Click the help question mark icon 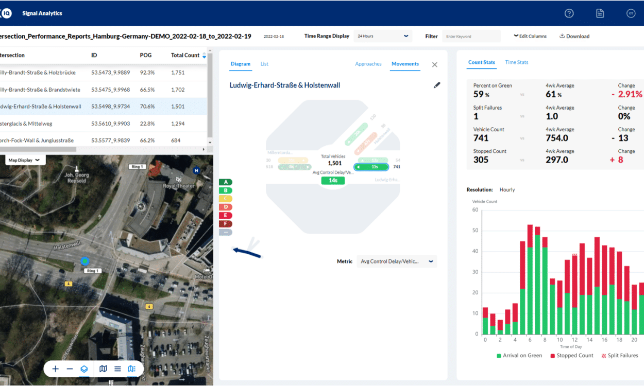pos(569,13)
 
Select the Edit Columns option pos(530,36)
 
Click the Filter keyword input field pos(471,36)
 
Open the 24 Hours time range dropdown pos(383,36)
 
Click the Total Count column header pos(185,55)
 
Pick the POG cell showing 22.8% pos(147,124)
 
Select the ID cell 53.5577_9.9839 pos(110,141)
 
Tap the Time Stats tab pos(516,62)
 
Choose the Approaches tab pos(368,64)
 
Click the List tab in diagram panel pos(264,64)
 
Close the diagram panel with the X pos(434,64)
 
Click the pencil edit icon pos(437,85)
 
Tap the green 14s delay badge pos(333,180)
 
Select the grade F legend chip pos(226,224)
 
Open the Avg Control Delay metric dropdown pos(396,261)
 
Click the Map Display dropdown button pos(24,160)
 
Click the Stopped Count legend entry pos(571,356)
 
